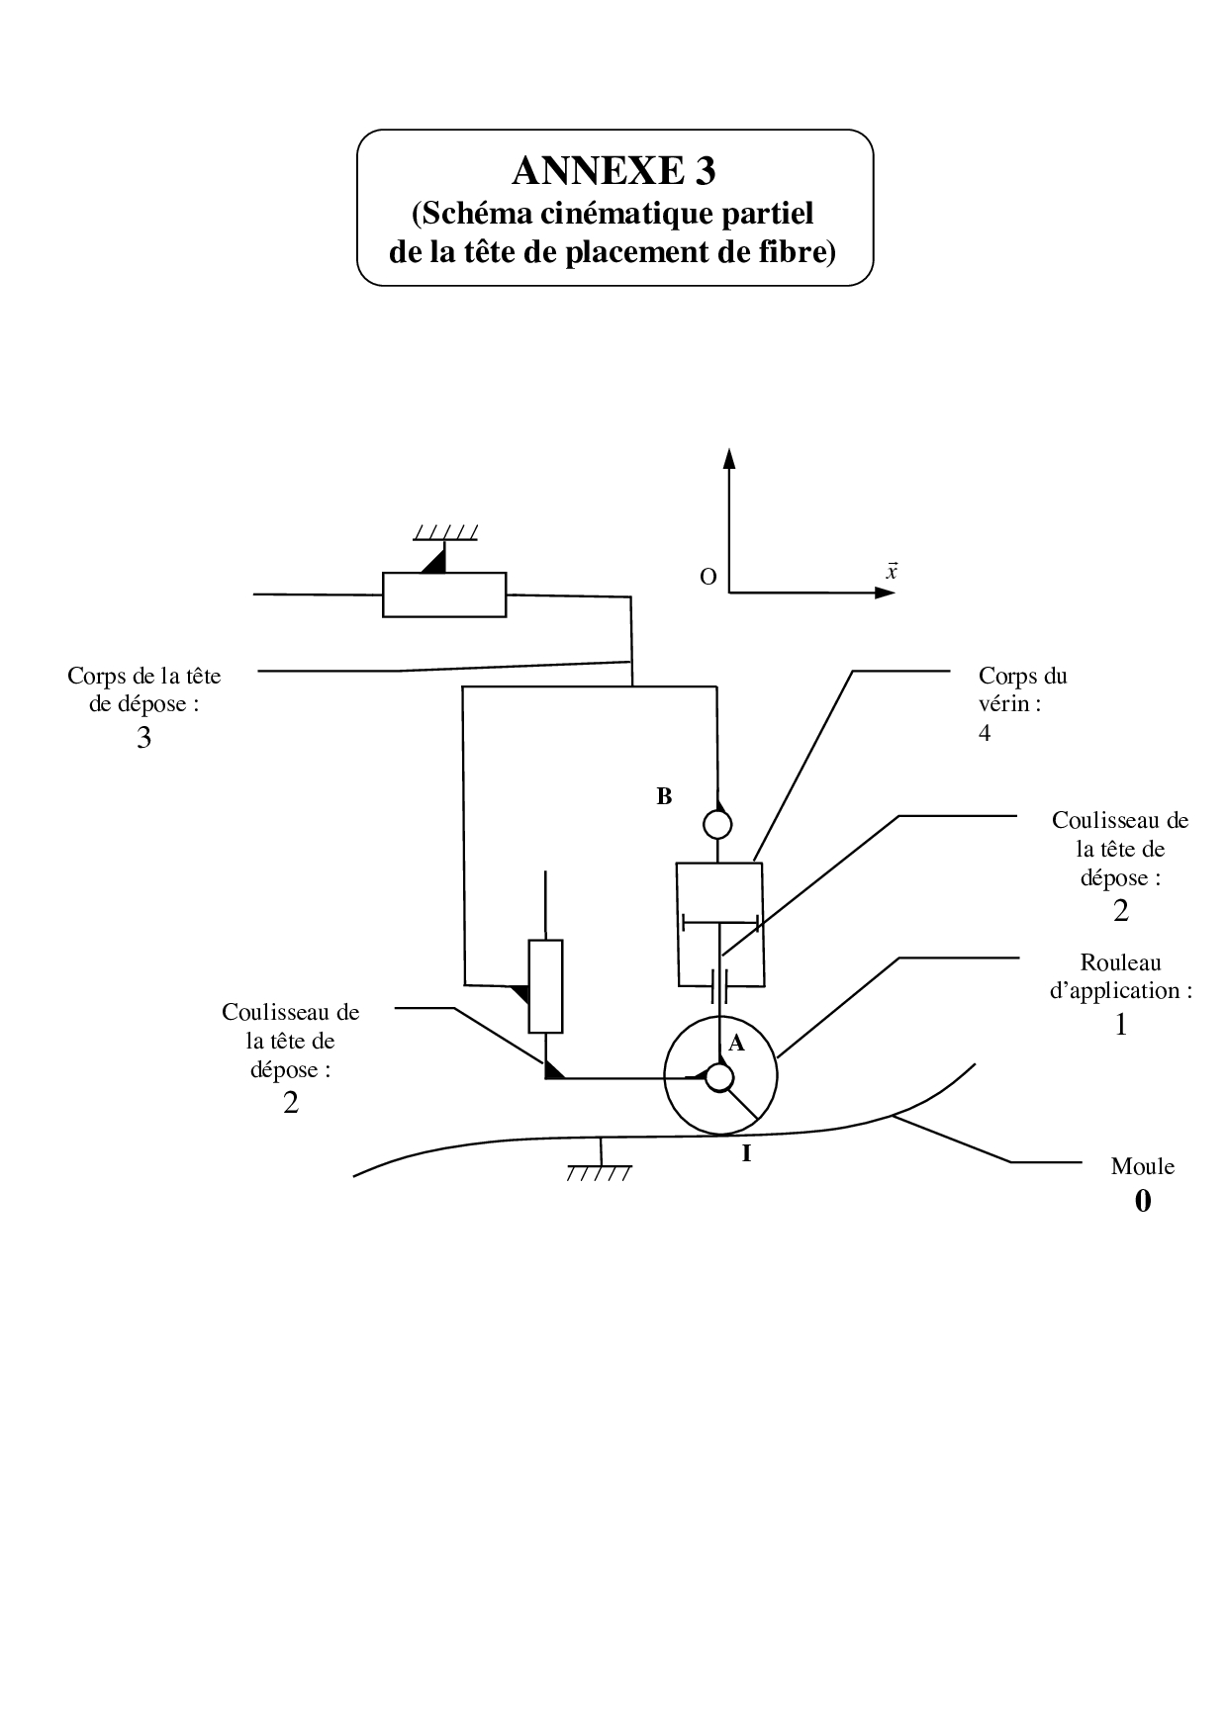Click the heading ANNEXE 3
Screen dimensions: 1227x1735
point(613,171)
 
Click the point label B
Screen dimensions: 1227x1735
point(664,796)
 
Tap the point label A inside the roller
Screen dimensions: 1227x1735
point(736,1043)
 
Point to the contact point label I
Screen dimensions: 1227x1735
point(746,1152)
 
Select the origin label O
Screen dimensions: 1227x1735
point(708,577)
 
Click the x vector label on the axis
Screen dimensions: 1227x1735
point(892,571)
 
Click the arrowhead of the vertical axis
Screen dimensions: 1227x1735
point(729,458)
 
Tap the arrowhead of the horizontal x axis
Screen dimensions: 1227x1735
point(886,593)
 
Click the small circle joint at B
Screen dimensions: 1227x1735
point(717,823)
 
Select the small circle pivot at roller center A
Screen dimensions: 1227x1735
point(719,1077)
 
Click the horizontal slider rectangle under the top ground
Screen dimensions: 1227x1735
point(444,594)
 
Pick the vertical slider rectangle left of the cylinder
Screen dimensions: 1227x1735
point(546,986)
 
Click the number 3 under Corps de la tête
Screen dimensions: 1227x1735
point(144,738)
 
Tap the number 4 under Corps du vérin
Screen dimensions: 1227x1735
point(985,733)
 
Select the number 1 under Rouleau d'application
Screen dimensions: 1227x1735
point(1121,1025)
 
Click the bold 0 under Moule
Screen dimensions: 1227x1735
point(1143,1201)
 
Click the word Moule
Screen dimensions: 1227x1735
point(1143,1166)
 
